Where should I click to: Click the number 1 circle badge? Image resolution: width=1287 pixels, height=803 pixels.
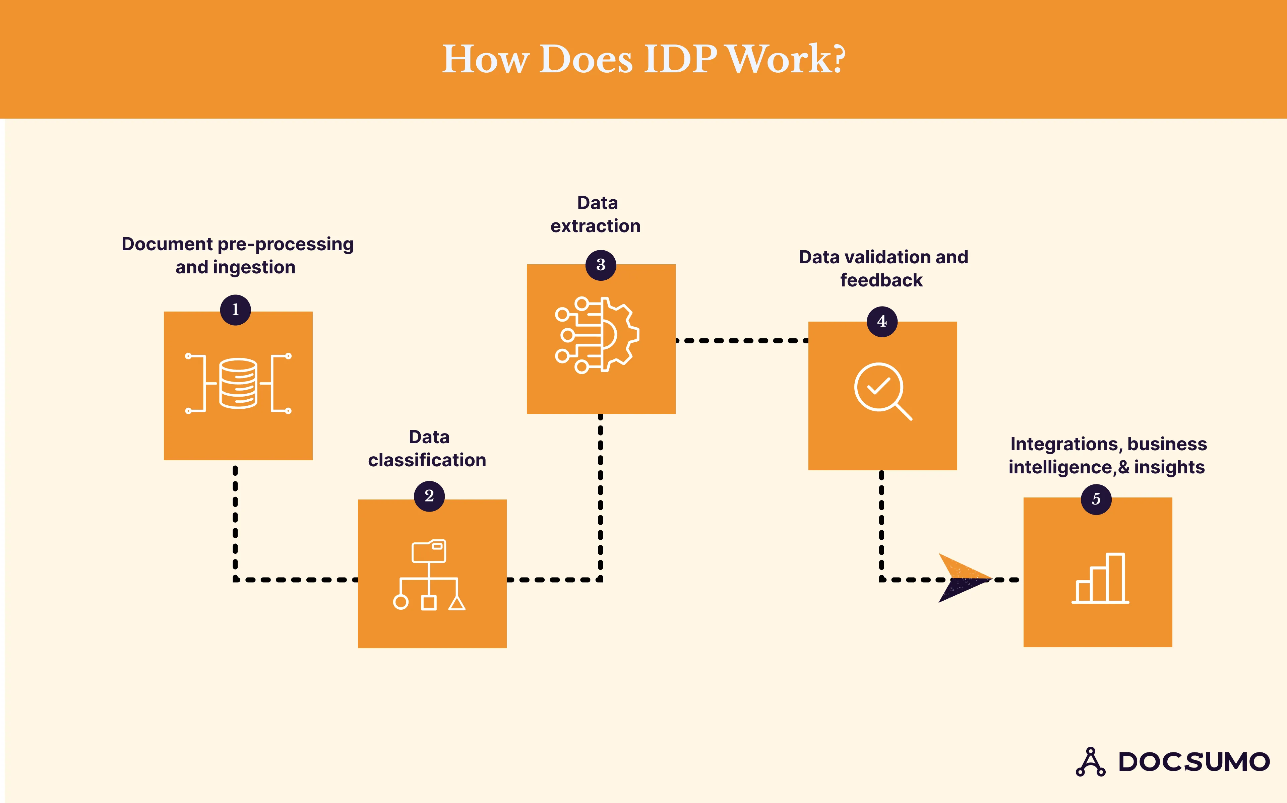click(235, 310)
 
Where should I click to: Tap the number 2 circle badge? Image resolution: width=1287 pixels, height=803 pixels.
click(429, 496)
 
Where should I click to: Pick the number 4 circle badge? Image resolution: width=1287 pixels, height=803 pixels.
click(882, 321)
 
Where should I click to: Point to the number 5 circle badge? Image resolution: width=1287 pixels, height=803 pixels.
click(1096, 499)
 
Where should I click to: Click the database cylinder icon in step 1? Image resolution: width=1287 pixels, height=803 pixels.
click(238, 384)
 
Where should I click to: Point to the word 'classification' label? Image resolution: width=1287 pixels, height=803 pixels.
click(427, 460)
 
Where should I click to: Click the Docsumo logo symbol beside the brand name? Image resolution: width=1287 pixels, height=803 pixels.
click(1091, 762)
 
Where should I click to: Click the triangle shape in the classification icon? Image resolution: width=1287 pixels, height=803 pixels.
click(457, 603)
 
